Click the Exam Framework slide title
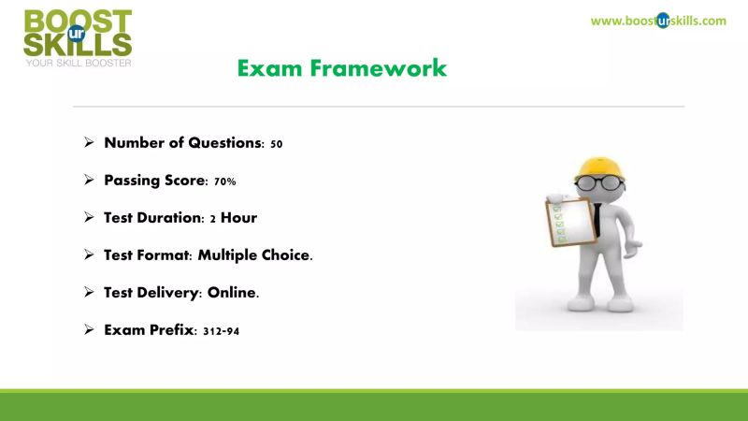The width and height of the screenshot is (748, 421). point(341,68)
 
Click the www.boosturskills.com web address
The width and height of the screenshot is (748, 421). point(658,21)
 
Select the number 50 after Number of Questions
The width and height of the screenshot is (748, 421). point(276,144)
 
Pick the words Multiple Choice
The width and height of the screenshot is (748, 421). point(264,255)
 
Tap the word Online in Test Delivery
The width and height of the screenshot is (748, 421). point(232,293)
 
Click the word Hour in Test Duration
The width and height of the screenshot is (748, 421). point(238,218)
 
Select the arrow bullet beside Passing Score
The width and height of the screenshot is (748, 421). point(89,181)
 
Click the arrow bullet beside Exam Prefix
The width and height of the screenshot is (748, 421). point(89,329)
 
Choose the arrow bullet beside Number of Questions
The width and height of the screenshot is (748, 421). point(89,143)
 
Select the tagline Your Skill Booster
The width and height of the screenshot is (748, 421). point(78,64)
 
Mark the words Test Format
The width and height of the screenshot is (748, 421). point(145,255)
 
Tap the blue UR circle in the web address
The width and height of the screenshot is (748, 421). point(663,21)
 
